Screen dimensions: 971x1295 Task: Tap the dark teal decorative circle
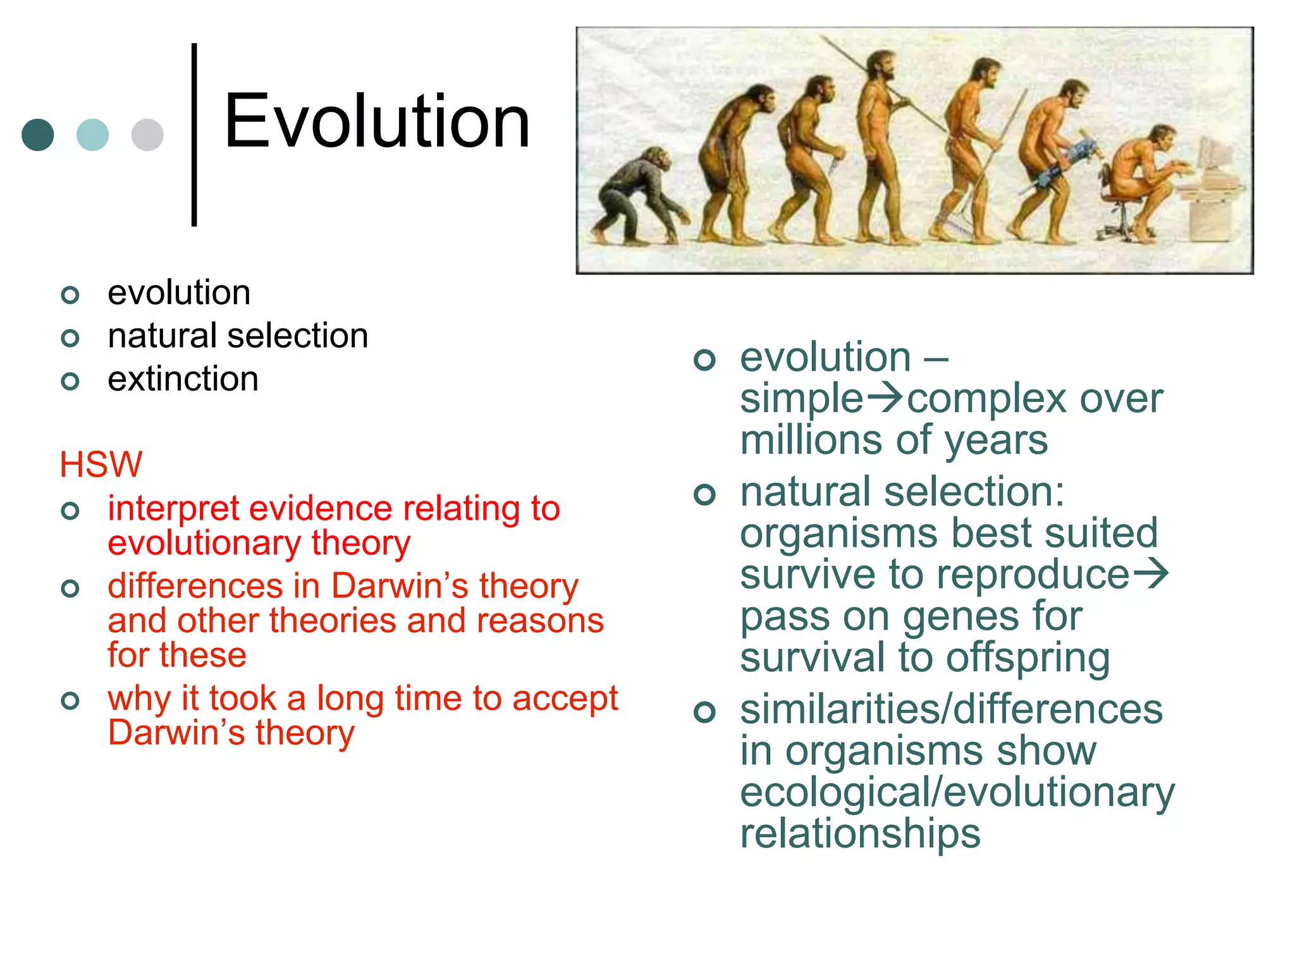click(x=38, y=135)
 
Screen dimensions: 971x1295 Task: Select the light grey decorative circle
click(x=147, y=135)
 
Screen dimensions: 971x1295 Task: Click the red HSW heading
click(x=101, y=465)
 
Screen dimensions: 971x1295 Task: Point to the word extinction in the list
click(x=183, y=379)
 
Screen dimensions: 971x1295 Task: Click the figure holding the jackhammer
click(x=1050, y=158)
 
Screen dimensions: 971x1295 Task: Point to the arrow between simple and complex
click(x=885, y=398)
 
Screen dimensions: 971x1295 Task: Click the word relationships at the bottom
click(x=860, y=833)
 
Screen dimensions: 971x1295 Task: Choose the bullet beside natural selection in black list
click(x=70, y=338)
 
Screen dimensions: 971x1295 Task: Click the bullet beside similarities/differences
click(x=704, y=712)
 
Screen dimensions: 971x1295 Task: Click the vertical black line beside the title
click(x=194, y=134)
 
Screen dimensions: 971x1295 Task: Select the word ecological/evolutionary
click(x=957, y=792)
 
